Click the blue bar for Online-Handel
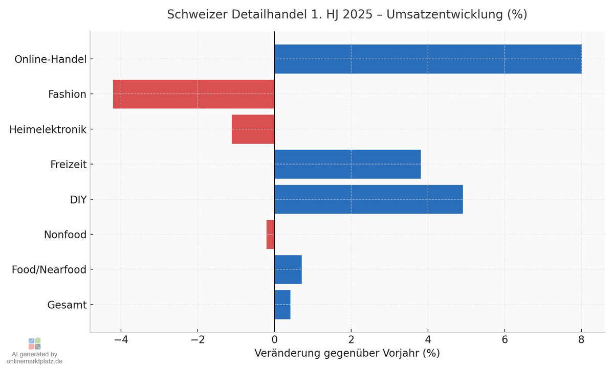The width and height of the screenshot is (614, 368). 428,59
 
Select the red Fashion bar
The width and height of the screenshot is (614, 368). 193,94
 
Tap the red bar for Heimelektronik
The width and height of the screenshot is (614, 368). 253,129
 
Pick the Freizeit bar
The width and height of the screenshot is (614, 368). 347,164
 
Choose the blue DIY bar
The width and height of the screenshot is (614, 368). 368,199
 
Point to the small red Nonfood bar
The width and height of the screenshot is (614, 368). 270,235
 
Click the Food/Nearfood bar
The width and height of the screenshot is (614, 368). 288,269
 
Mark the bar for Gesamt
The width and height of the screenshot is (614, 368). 282,305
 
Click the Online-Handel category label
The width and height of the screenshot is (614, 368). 50,59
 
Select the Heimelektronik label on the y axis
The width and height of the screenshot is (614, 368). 48,129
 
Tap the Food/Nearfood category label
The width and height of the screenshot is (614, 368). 49,270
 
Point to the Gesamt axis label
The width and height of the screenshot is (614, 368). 67,305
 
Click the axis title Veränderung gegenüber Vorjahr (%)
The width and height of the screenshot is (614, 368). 347,353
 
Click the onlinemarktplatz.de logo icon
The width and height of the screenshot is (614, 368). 34,343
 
